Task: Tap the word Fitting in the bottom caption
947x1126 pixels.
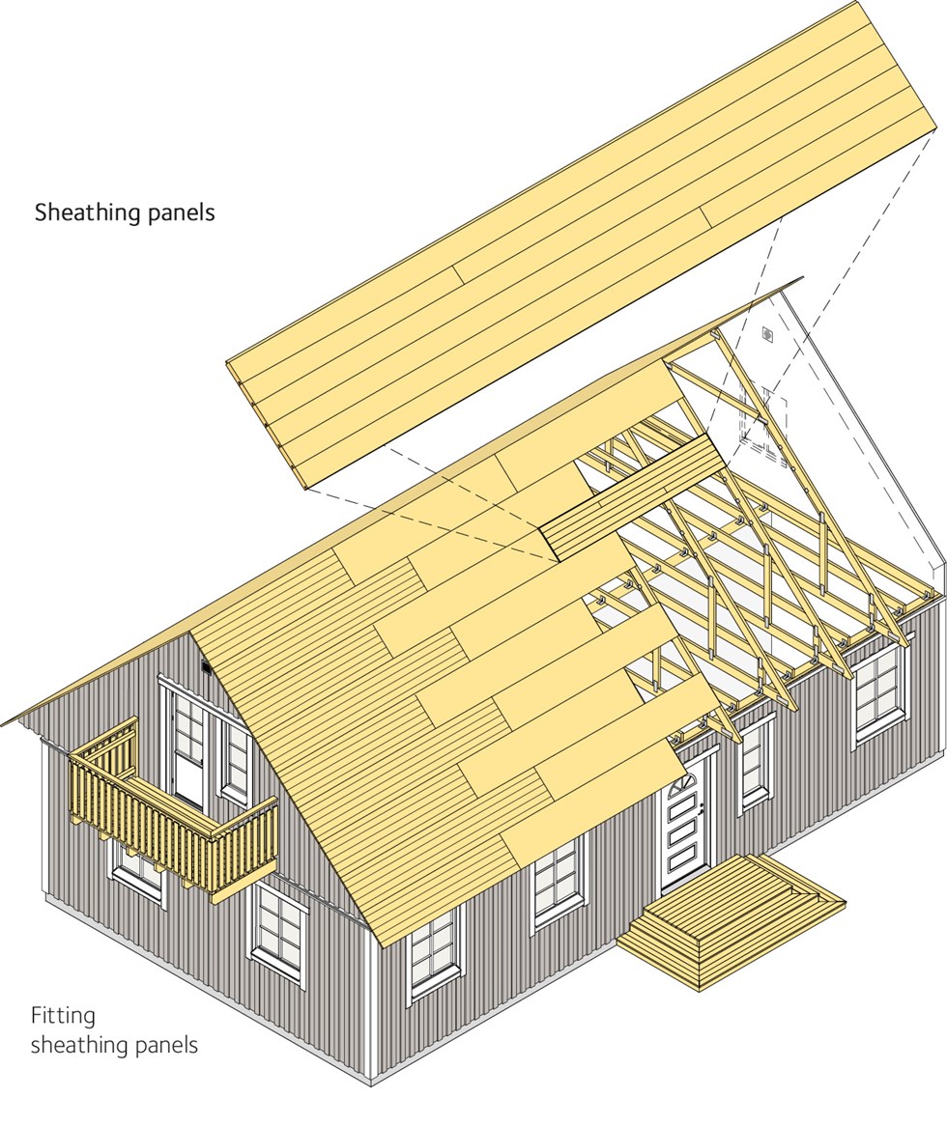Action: click(63, 1016)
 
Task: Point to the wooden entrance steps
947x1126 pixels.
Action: click(732, 918)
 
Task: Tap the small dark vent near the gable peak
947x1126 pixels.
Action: click(206, 667)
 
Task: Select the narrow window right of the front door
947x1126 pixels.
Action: click(755, 762)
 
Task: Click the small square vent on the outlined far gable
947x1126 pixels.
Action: click(766, 334)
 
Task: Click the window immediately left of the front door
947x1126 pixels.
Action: click(559, 880)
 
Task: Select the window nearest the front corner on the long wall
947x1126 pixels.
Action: click(434, 951)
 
